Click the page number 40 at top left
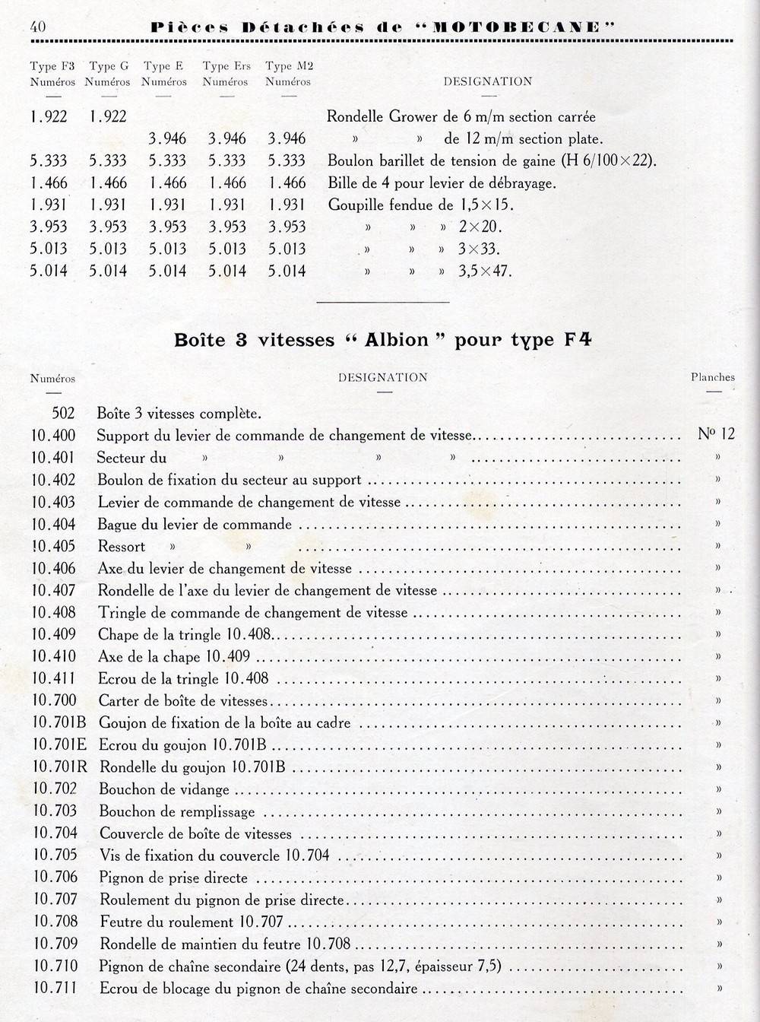pyautogui.click(x=38, y=27)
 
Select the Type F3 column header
pyautogui.click(x=52, y=74)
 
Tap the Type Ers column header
pyautogui.click(x=226, y=74)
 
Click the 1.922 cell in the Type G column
pyautogui.click(x=108, y=117)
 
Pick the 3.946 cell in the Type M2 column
pyautogui.click(x=287, y=139)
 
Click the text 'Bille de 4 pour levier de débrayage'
pyautogui.click(x=442, y=183)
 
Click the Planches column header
pyautogui.click(x=712, y=377)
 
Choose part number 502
pyautogui.click(x=63, y=414)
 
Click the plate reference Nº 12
pyautogui.click(x=716, y=435)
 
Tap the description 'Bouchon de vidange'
pyautogui.click(x=163, y=790)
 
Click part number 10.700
pyautogui.click(x=54, y=700)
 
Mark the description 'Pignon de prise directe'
pyautogui.click(x=173, y=878)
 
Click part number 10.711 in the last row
pyautogui.click(x=55, y=989)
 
